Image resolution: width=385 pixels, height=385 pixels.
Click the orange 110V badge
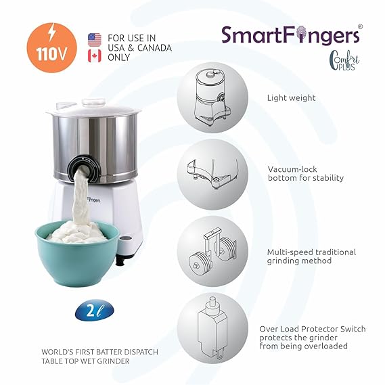(x=51, y=47)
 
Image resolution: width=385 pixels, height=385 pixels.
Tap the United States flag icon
(x=95, y=41)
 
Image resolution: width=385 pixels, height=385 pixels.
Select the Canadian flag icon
(x=95, y=55)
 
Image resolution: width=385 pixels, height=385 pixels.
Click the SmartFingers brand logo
(x=292, y=35)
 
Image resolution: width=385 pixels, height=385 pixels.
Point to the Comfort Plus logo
(x=344, y=60)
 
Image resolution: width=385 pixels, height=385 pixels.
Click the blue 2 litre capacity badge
(x=95, y=310)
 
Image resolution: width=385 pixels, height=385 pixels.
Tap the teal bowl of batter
(x=77, y=253)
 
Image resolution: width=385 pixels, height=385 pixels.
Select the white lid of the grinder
(x=93, y=108)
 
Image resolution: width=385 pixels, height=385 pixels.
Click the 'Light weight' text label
(x=291, y=98)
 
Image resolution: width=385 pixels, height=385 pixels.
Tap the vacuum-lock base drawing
(x=212, y=174)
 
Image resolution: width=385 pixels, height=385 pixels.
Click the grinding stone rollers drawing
(x=212, y=251)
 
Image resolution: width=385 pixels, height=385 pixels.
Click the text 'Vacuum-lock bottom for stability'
(x=305, y=174)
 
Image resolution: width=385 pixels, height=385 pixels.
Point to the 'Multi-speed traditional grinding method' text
(x=311, y=256)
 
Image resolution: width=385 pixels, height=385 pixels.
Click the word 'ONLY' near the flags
(x=118, y=58)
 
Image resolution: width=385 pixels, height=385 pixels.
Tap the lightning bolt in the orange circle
(x=52, y=32)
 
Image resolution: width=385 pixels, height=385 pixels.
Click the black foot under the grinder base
(x=121, y=261)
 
